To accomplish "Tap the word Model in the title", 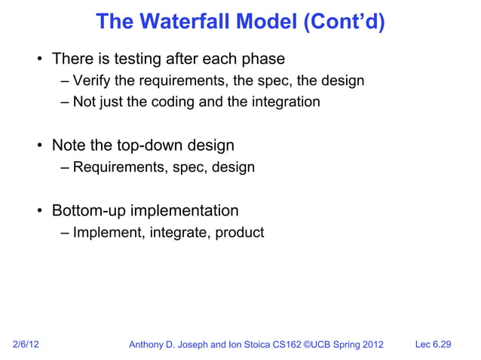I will coord(262,22).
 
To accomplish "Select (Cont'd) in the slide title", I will coord(344,22).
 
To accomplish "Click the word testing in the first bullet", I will coord(139,59).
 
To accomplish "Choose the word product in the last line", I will coord(240,233).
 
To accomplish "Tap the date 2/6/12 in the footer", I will coord(26,345).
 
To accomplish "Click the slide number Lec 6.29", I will coord(434,345).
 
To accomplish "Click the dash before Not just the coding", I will coord(66,102).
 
